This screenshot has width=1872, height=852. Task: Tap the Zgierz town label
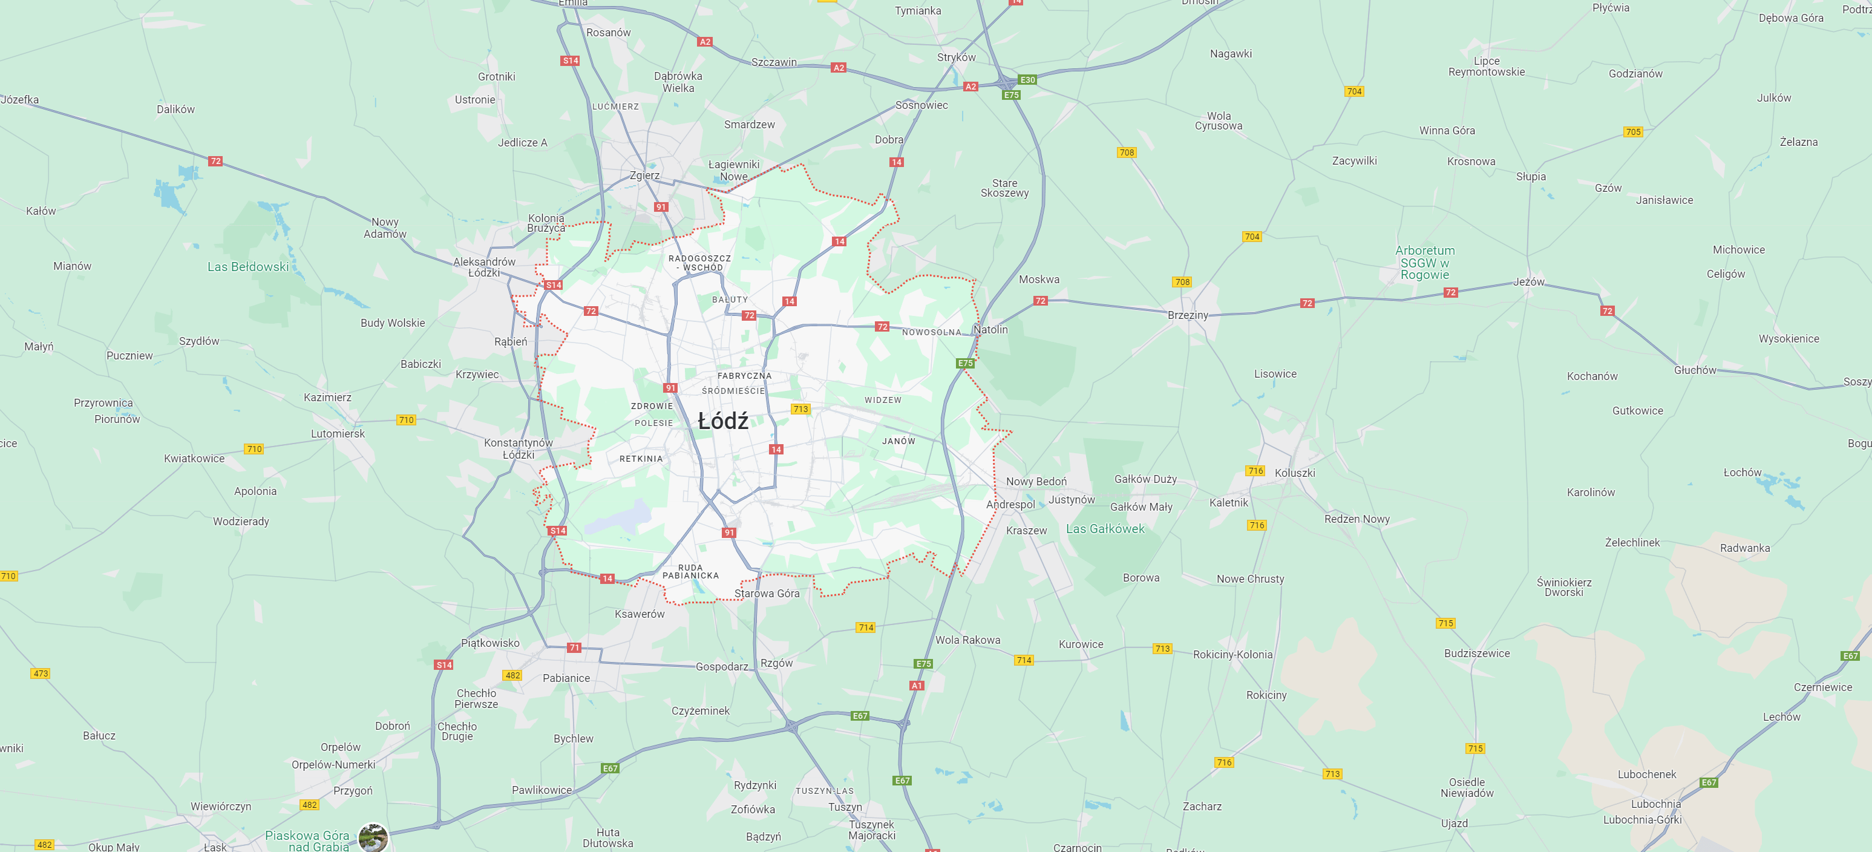coord(644,175)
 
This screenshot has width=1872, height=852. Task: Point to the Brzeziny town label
coord(1188,315)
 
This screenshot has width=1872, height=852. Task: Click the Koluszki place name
coord(1294,473)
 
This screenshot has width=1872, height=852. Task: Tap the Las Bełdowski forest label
coord(248,267)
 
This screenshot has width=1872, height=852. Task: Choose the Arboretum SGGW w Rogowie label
coord(1424,263)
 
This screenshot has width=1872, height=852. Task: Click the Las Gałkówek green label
coord(1105,528)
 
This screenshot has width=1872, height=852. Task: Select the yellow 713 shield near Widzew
coord(800,409)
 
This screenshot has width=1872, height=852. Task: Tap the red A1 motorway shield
coord(917,686)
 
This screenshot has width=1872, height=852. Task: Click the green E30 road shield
coord(1027,80)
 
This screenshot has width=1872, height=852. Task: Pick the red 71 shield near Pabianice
coord(574,647)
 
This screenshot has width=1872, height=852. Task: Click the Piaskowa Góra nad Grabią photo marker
coord(373,837)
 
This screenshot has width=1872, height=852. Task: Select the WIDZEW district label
coord(882,400)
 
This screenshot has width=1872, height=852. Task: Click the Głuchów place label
coord(1694,370)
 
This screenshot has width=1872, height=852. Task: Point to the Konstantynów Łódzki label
coord(518,448)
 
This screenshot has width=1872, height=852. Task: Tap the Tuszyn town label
coord(845,807)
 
